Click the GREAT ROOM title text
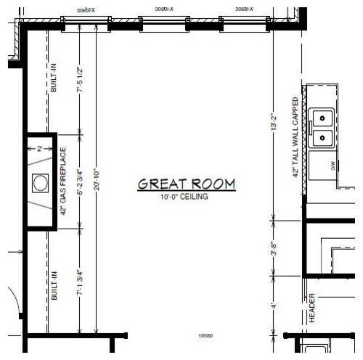(187, 184)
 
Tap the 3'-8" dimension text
(272, 249)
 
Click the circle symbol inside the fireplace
(40, 181)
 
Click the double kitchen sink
(320, 128)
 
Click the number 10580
(205, 336)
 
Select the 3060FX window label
(85, 10)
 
